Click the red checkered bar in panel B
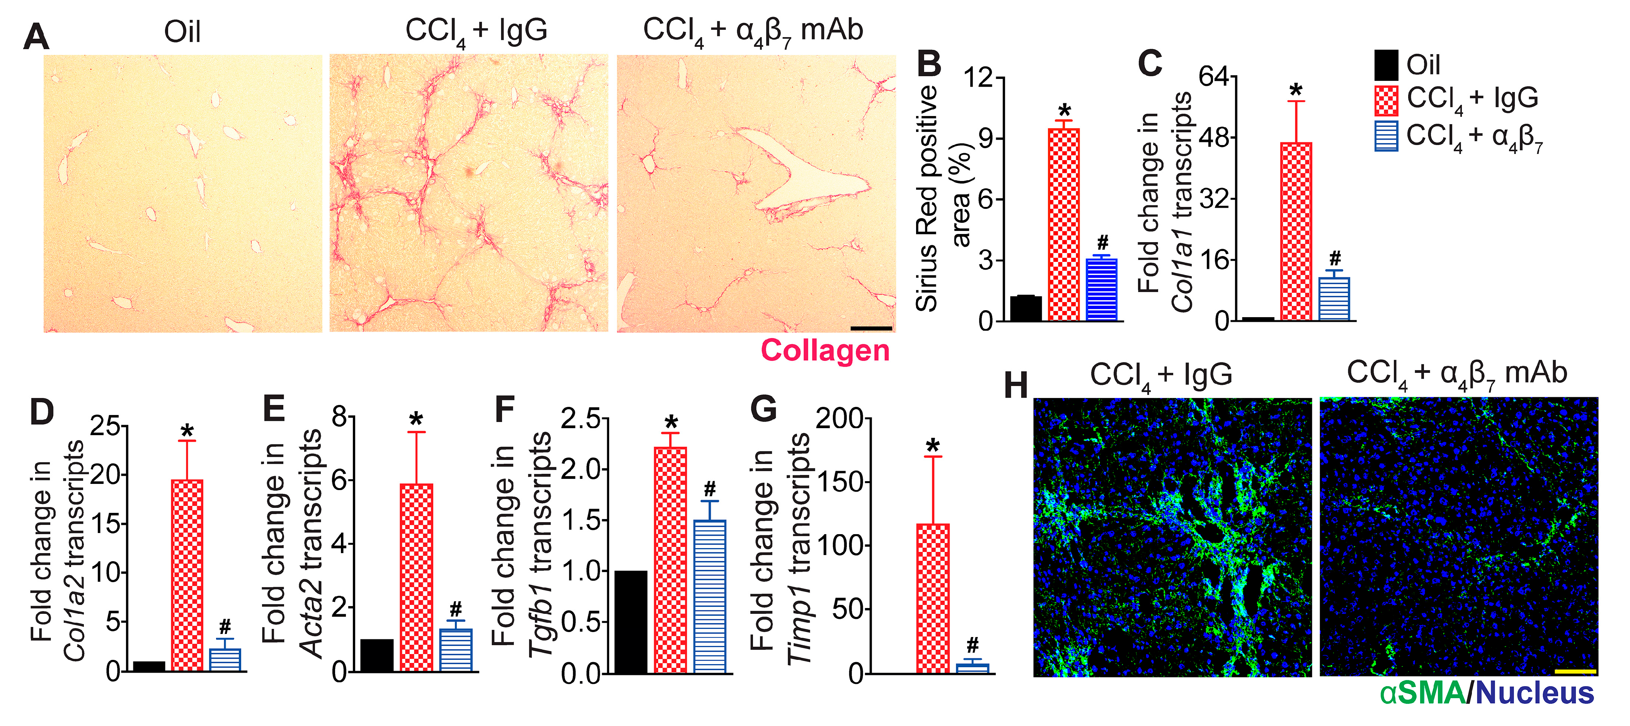click(x=1064, y=225)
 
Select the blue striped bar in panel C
click(x=1334, y=299)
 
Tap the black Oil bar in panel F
click(x=631, y=622)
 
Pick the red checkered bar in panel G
click(x=933, y=598)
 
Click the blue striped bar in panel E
click(x=456, y=650)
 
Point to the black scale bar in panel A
click(x=871, y=328)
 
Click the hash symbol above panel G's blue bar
click(x=973, y=646)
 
